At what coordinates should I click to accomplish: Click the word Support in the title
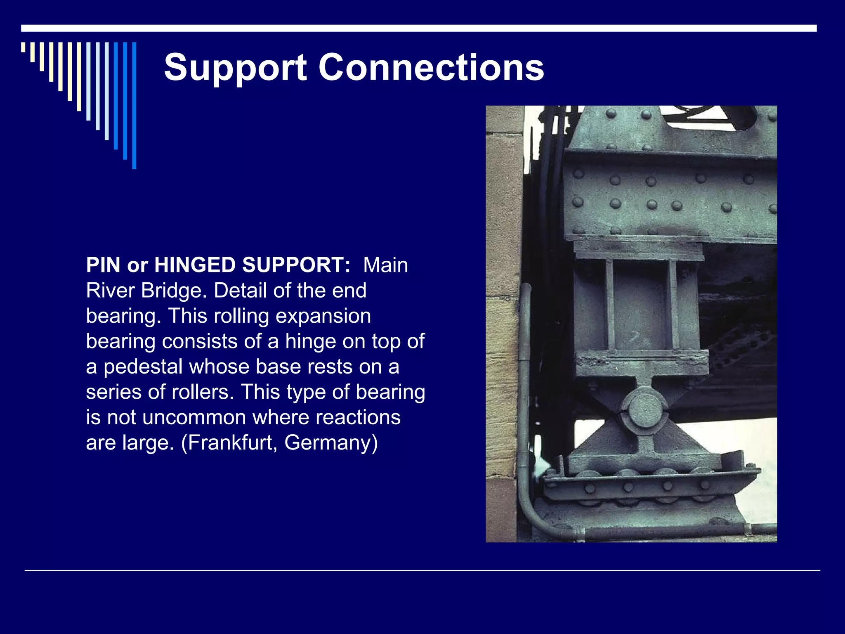point(236,68)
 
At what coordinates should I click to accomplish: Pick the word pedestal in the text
point(143,367)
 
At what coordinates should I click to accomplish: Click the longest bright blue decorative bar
point(134,105)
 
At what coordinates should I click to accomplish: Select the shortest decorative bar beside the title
point(23,47)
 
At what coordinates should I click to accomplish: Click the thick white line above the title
point(419,28)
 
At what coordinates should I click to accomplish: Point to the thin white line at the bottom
point(422,570)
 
